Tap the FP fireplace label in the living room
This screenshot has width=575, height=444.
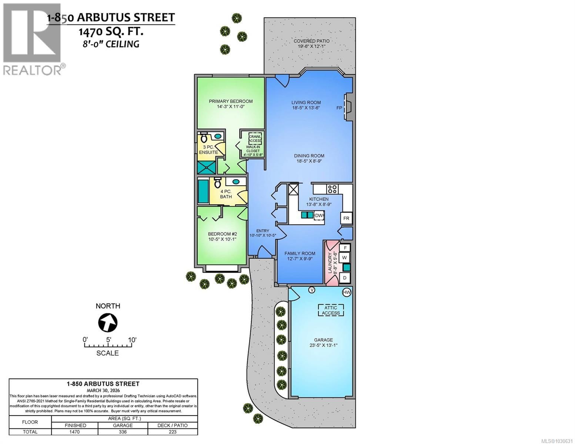pyautogui.click(x=339, y=108)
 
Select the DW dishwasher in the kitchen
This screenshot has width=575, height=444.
pyautogui.click(x=319, y=215)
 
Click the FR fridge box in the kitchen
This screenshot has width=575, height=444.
pyautogui.click(x=346, y=218)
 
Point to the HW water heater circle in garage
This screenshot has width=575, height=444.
pyautogui.click(x=347, y=292)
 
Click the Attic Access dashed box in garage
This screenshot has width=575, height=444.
pyautogui.click(x=331, y=310)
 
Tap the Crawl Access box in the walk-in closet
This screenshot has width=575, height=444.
pyautogui.click(x=255, y=138)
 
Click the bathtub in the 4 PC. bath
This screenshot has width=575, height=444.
pyautogui.click(x=203, y=191)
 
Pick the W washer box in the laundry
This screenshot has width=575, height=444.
pyautogui.click(x=344, y=257)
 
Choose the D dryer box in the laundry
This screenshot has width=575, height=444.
pyautogui.click(x=344, y=277)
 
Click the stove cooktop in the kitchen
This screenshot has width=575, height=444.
pyautogui.click(x=332, y=189)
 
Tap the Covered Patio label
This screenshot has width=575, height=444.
pyautogui.click(x=311, y=41)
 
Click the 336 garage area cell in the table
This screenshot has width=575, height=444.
pyautogui.click(x=123, y=432)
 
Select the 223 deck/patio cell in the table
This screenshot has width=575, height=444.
pyautogui.click(x=173, y=432)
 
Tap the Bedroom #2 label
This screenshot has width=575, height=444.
pyautogui.click(x=222, y=234)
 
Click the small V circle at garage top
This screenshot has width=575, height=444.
pyautogui.click(x=312, y=290)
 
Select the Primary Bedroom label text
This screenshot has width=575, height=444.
pyautogui.click(x=231, y=101)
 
